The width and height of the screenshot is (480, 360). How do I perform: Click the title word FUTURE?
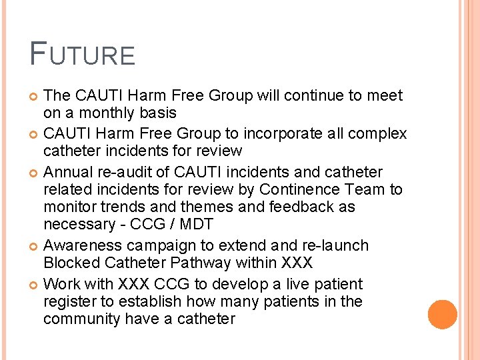pyautogui.click(x=83, y=54)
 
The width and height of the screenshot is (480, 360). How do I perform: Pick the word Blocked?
pyautogui.click(x=70, y=263)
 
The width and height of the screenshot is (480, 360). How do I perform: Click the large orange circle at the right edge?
pyautogui.click(x=443, y=315)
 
